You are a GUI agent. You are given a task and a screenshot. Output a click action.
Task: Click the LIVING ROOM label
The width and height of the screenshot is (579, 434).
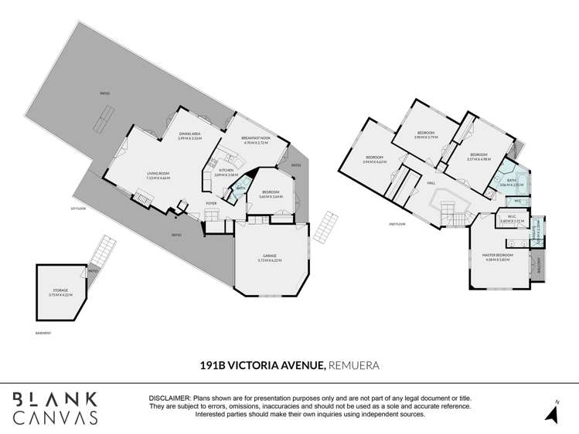[x=158, y=174]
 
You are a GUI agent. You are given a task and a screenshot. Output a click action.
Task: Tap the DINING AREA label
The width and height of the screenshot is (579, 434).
[x=190, y=134]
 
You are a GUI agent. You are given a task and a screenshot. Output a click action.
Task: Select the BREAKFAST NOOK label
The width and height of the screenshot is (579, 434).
[x=255, y=139]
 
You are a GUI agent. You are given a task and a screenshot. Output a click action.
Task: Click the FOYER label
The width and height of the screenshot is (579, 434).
[x=210, y=204]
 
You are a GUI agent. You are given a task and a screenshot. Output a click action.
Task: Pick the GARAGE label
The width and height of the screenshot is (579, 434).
[x=270, y=256]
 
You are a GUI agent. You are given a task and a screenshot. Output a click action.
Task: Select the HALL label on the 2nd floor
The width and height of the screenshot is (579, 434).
[x=431, y=183]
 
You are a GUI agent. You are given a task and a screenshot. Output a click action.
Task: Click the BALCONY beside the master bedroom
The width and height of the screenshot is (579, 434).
[x=540, y=265]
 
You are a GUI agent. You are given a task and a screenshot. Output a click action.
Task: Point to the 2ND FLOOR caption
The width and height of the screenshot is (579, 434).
[x=399, y=225]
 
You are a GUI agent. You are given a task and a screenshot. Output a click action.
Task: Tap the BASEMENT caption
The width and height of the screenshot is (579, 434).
[x=43, y=333]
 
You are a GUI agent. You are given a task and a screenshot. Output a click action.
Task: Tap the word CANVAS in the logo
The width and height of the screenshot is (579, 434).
[x=53, y=417]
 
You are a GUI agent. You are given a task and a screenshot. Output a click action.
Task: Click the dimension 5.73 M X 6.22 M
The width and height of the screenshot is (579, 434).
[x=270, y=260]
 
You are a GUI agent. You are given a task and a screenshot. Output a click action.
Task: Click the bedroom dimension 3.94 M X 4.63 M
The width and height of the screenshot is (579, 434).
[x=374, y=162]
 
